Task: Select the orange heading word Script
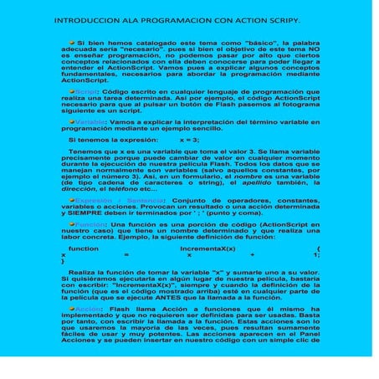87,110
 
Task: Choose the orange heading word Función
90,225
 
